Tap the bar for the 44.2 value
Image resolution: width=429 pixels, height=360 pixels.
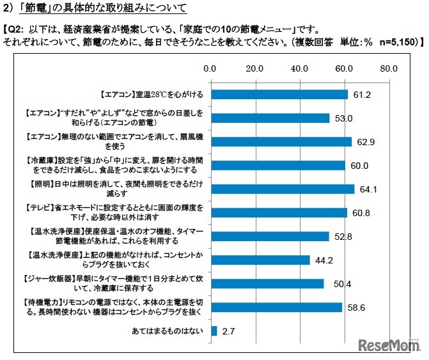(259, 260)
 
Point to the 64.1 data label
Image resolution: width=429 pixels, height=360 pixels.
(366, 189)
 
